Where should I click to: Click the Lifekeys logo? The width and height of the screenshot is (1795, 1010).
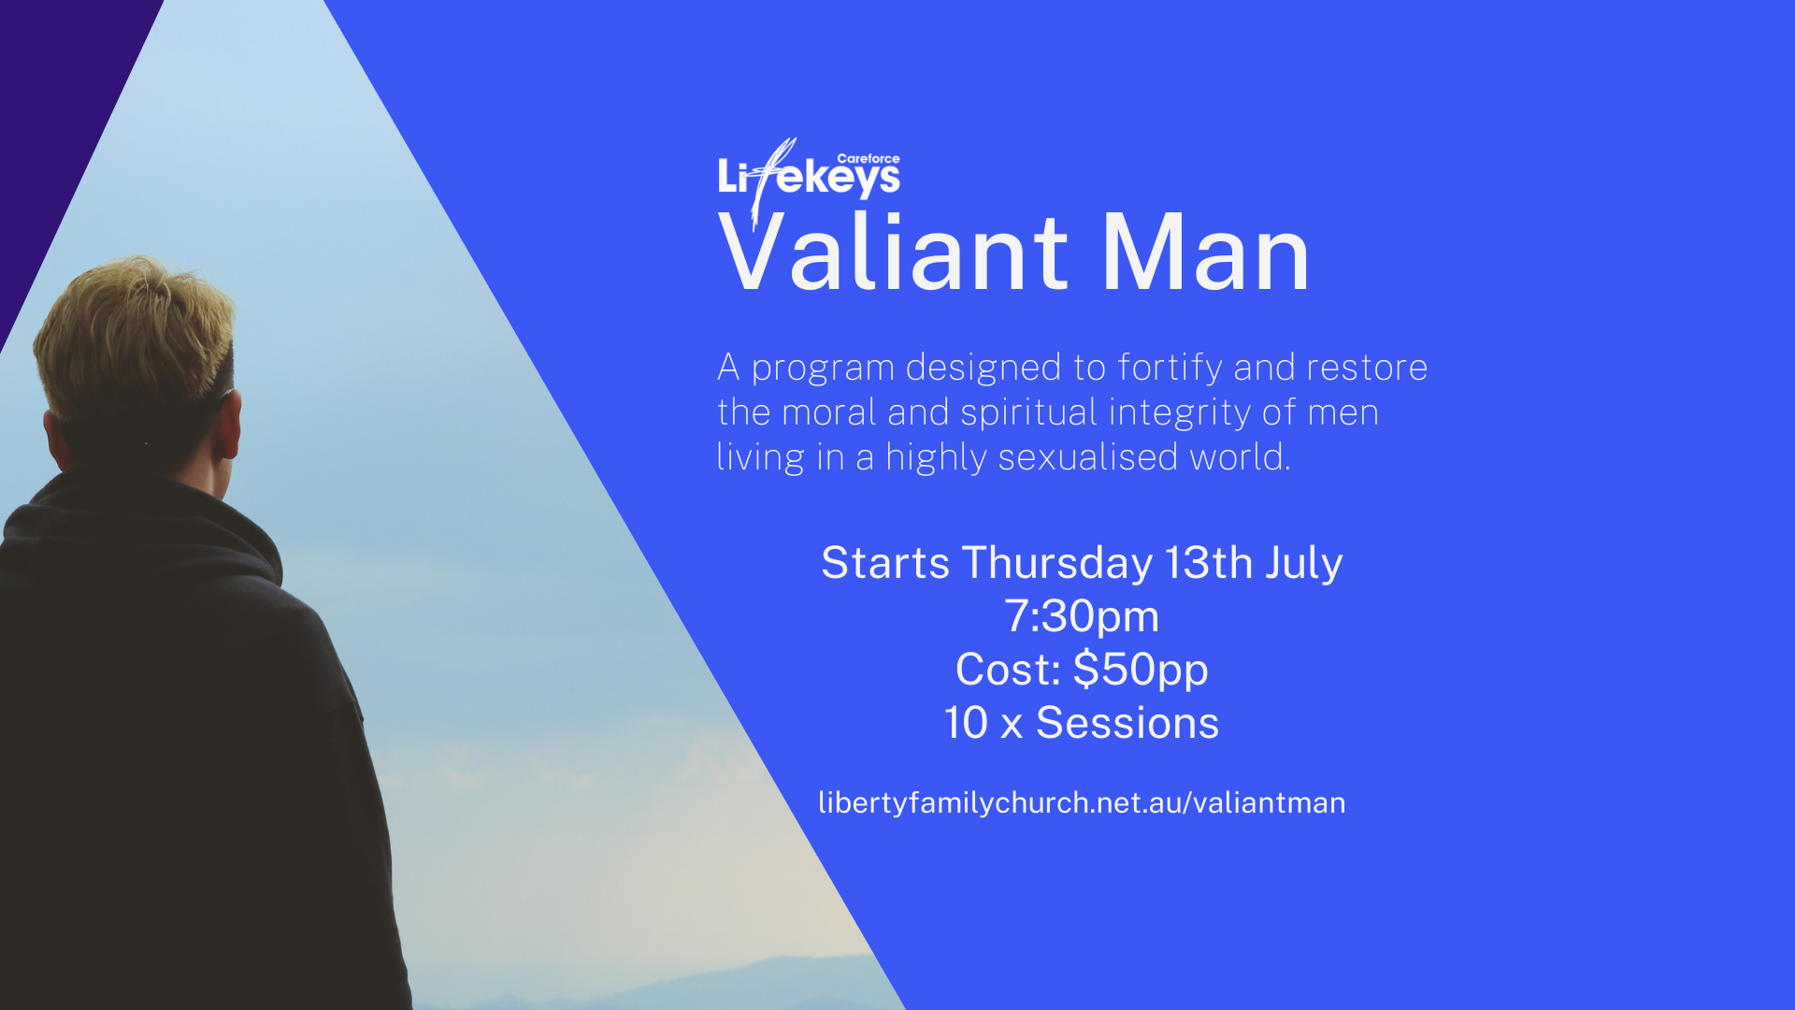[809, 178]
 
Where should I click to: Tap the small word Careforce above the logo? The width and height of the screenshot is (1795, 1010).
[869, 159]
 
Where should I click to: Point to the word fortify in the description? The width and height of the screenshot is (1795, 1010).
[1170, 368]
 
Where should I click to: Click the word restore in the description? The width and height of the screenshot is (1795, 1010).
[1367, 368]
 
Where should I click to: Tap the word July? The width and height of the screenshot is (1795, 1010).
[1304, 564]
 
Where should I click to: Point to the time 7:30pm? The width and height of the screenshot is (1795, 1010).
[1082, 617]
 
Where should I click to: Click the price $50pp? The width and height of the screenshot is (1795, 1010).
[1141, 671]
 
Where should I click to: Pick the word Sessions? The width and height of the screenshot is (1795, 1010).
[1127, 723]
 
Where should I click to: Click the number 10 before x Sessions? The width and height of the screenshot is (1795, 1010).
[966, 723]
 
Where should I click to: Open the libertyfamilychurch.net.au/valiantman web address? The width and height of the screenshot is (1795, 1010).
[1082, 802]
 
